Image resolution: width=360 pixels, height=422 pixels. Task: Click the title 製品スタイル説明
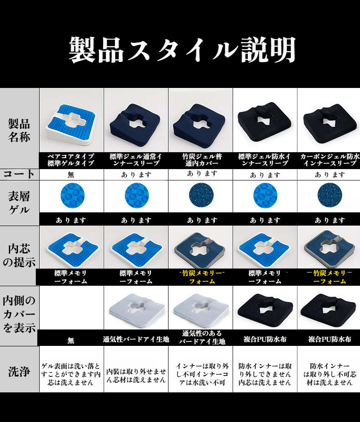point(182,50)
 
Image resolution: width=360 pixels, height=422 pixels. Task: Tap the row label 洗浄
point(19,371)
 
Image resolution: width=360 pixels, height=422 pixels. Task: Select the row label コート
point(19,174)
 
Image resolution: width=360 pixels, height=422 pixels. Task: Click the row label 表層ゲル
point(19,203)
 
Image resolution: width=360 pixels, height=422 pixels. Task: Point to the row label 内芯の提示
point(19,255)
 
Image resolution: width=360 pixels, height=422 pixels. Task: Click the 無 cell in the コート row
point(71,175)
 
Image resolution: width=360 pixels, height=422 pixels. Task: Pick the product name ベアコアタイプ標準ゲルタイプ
point(71,160)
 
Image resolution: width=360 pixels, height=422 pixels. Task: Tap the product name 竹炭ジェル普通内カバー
point(202,160)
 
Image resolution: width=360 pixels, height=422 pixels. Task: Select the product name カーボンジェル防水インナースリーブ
point(329,160)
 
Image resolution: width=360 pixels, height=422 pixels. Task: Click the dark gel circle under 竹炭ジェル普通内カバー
point(201,195)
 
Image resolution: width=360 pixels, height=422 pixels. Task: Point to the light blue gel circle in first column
point(72,196)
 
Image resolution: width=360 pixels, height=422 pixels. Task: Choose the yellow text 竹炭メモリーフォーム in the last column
point(329,277)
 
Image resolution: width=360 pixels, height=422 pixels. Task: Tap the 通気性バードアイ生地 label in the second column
point(136,340)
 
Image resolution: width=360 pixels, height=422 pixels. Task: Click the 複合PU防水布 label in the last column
point(329,339)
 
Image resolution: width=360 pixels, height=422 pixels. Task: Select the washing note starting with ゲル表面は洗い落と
point(71,374)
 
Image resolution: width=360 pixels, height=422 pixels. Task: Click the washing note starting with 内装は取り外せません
point(136,376)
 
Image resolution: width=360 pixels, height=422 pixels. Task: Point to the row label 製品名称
point(19,130)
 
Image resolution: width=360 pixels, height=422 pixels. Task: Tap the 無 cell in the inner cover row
point(71,341)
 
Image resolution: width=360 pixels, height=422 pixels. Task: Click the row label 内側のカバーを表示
point(19,314)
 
